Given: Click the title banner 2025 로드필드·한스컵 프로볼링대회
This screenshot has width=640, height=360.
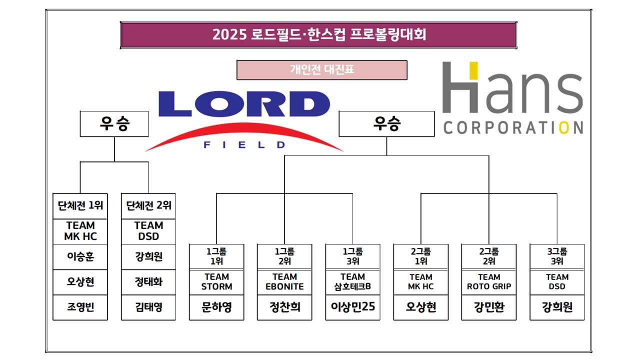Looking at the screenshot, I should pos(318,35).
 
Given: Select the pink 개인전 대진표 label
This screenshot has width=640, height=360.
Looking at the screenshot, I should pos(322,70).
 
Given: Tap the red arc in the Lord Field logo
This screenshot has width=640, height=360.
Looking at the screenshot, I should pos(244,131).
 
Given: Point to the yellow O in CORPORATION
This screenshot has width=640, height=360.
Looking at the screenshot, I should pos(563,127).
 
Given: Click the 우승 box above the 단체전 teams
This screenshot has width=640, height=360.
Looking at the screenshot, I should pos(114,124).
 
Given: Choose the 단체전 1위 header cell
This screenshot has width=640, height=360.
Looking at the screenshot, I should pos(80,205).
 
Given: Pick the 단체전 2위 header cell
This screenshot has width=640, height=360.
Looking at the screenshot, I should pos(149,205).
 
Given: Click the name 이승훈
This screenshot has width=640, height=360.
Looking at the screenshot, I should pos(80,257).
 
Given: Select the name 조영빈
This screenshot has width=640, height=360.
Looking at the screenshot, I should pos(80,306).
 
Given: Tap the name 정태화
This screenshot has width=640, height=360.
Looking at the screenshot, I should pos(149,282).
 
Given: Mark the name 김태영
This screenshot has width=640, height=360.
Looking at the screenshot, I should pos(149,306).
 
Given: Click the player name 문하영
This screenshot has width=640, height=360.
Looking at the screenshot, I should pos(216,307).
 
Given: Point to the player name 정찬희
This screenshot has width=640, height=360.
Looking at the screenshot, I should pos(284,307).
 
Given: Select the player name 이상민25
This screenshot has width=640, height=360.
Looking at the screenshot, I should pos(353,307).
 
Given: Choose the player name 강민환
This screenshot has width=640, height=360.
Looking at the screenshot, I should pos(489,307).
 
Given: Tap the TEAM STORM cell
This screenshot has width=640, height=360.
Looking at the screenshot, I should pos(216,281).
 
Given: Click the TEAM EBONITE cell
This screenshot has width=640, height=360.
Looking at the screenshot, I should pos(284,281).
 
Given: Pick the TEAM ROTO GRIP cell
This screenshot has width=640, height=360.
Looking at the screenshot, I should pos(489,281).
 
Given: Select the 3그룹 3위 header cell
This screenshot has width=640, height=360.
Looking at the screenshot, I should pos(557,256).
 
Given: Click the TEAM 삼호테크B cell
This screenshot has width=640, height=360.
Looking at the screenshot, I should pos(353,281).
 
